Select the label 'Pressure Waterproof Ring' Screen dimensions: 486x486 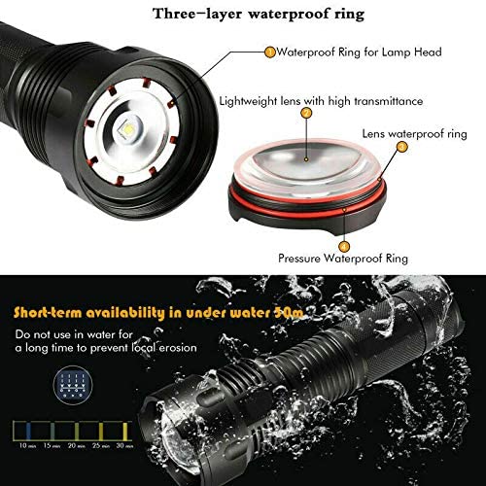tap(341, 259)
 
